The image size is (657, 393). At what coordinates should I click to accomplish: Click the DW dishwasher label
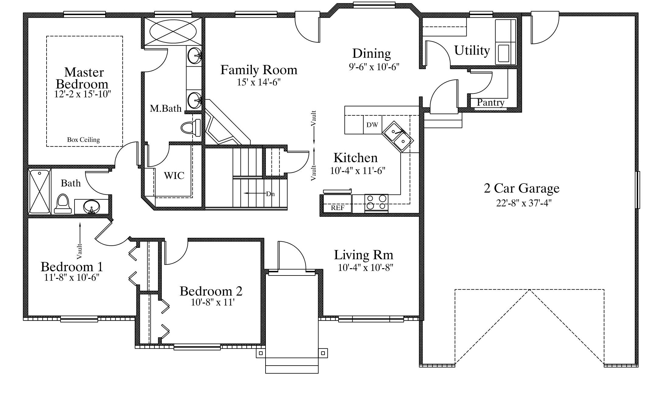pyautogui.click(x=372, y=125)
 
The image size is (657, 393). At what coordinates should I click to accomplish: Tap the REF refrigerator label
pyautogui.click(x=338, y=208)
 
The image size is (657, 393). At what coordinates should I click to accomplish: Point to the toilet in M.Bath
pyautogui.click(x=191, y=128)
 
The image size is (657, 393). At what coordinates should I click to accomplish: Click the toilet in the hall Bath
pyautogui.click(x=63, y=204)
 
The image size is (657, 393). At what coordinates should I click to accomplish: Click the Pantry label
pyautogui.click(x=490, y=103)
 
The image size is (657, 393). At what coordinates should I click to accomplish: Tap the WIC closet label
pyautogui.click(x=174, y=176)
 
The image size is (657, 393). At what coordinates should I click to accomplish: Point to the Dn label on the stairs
pyautogui.click(x=270, y=194)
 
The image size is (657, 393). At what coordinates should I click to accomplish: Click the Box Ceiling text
pyautogui.click(x=83, y=140)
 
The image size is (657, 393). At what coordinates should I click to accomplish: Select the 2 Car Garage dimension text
pyautogui.click(x=524, y=203)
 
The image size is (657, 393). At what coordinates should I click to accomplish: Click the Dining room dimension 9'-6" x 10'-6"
pyautogui.click(x=374, y=67)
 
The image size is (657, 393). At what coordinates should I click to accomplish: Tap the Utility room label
pyautogui.click(x=472, y=51)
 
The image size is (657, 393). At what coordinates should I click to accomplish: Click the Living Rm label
pyautogui.click(x=363, y=255)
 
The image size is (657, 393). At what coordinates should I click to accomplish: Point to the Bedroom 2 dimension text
pyautogui.click(x=213, y=302)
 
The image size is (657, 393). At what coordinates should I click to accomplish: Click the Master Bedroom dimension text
pyautogui.click(x=82, y=94)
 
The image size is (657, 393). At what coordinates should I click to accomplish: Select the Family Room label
pyautogui.click(x=259, y=70)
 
